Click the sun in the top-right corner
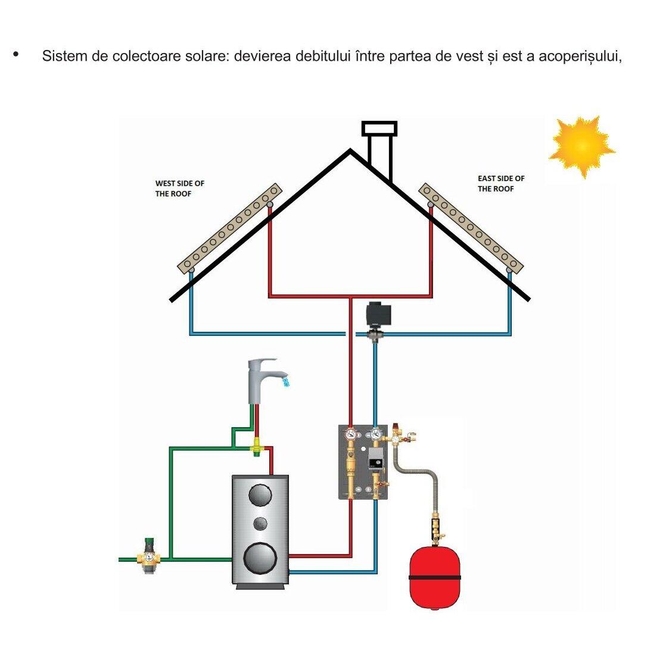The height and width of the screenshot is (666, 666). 581,145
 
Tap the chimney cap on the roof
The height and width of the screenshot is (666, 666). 379,129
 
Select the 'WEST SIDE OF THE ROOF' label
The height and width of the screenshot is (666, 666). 179,188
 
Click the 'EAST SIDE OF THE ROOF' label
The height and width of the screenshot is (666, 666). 501,183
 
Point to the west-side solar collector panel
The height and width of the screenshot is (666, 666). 231,228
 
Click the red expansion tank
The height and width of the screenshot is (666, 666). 435,577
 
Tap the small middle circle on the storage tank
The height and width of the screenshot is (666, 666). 260,524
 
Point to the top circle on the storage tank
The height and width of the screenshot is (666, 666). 260,494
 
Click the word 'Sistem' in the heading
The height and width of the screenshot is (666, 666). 63,57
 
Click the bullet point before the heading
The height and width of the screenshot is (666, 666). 15,55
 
